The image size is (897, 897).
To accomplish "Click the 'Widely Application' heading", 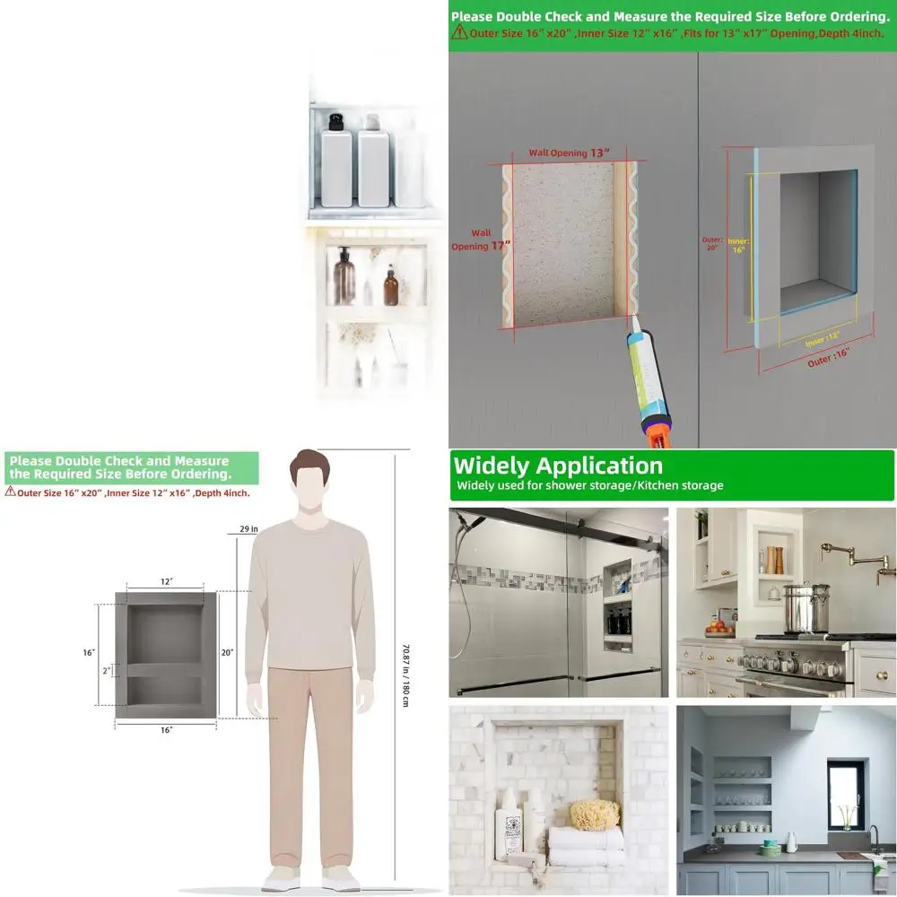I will point(558,466).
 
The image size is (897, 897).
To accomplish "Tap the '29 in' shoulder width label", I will point(248,529).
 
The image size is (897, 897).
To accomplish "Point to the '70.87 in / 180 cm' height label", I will point(405,664).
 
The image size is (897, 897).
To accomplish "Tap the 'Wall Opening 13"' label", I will point(569,152).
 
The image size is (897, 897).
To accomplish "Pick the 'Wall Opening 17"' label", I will point(470,239).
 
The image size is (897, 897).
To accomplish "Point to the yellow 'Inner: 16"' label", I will point(738,246).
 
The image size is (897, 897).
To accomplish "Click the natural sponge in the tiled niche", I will point(595,814).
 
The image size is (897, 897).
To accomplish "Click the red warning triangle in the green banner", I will point(458,33).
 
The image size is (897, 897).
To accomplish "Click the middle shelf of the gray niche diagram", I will point(166,669).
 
